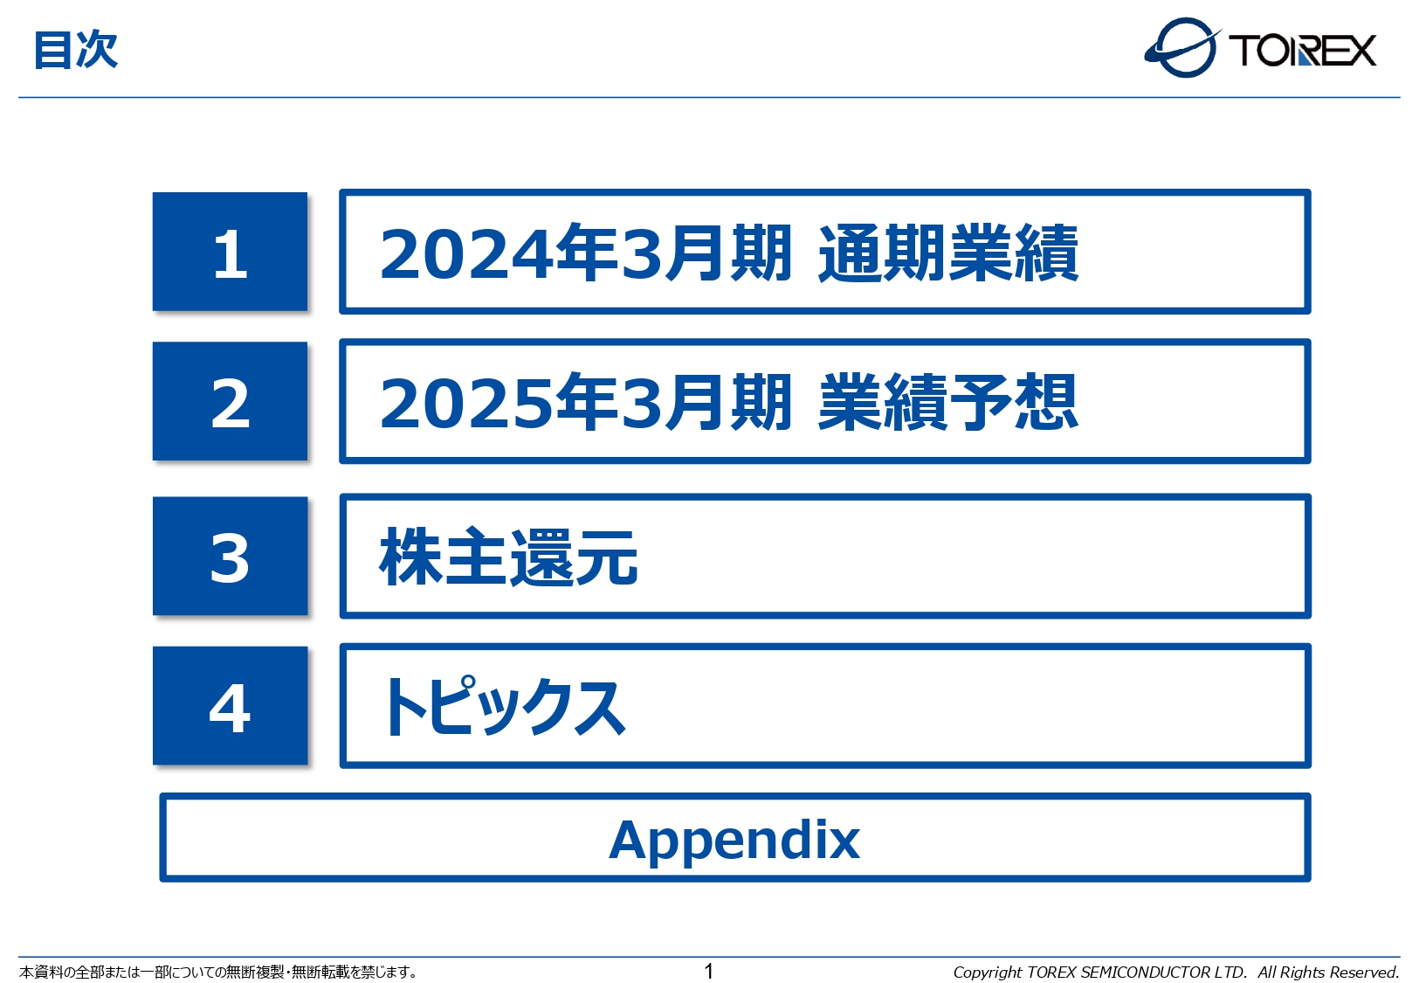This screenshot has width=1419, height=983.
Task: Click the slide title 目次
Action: click(x=75, y=50)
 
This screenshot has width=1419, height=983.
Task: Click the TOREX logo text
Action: click(x=1302, y=51)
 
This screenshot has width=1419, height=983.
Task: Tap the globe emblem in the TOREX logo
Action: click(x=1182, y=48)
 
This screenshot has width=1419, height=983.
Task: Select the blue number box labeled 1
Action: click(x=230, y=252)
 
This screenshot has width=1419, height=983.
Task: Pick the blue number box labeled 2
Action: click(x=230, y=401)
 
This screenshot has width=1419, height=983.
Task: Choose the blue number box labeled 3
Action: click(x=230, y=557)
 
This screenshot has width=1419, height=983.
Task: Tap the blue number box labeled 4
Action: click(x=230, y=706)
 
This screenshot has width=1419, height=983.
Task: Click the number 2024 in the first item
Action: click(x=466, y=254)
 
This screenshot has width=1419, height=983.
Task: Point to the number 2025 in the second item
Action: click(x=466, y=404)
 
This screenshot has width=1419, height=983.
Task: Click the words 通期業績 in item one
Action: click(x=948, y=253)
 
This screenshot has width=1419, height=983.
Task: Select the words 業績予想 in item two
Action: click(x=948, y=403)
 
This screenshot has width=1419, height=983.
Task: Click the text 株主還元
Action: click(x=508, y=557)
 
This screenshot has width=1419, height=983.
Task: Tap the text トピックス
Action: click(x=503, y=707)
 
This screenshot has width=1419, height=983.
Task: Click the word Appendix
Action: click(x=734, y=840)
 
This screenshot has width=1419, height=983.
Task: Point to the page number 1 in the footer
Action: click(x=709, y=971)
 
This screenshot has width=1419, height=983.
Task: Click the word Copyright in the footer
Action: click(x=987, y=973)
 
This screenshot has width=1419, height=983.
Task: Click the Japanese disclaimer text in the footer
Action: click(x=218, y=972)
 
